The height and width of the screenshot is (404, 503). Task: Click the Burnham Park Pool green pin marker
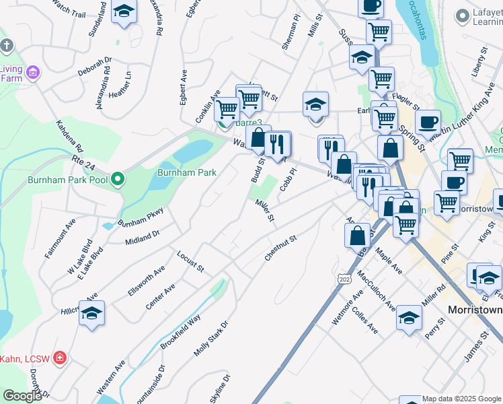(118, 180)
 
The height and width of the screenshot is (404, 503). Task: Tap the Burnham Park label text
(186, 172)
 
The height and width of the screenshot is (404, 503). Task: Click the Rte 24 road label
(85, 160)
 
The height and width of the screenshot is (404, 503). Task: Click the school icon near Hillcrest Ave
(92, 314)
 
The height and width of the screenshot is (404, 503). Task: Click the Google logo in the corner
(22, 396)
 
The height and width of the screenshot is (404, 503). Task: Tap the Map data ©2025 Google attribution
(462, 399)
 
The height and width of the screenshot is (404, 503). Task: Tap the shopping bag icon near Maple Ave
(358, 236)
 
